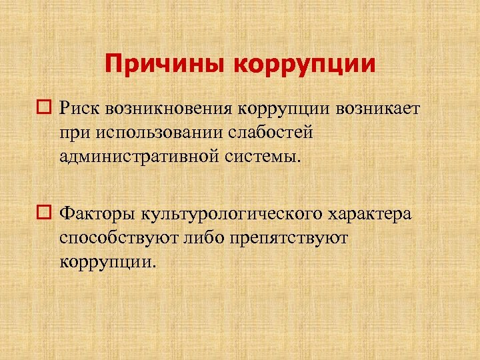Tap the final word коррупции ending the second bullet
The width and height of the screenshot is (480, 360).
click(x=106, y=263)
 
